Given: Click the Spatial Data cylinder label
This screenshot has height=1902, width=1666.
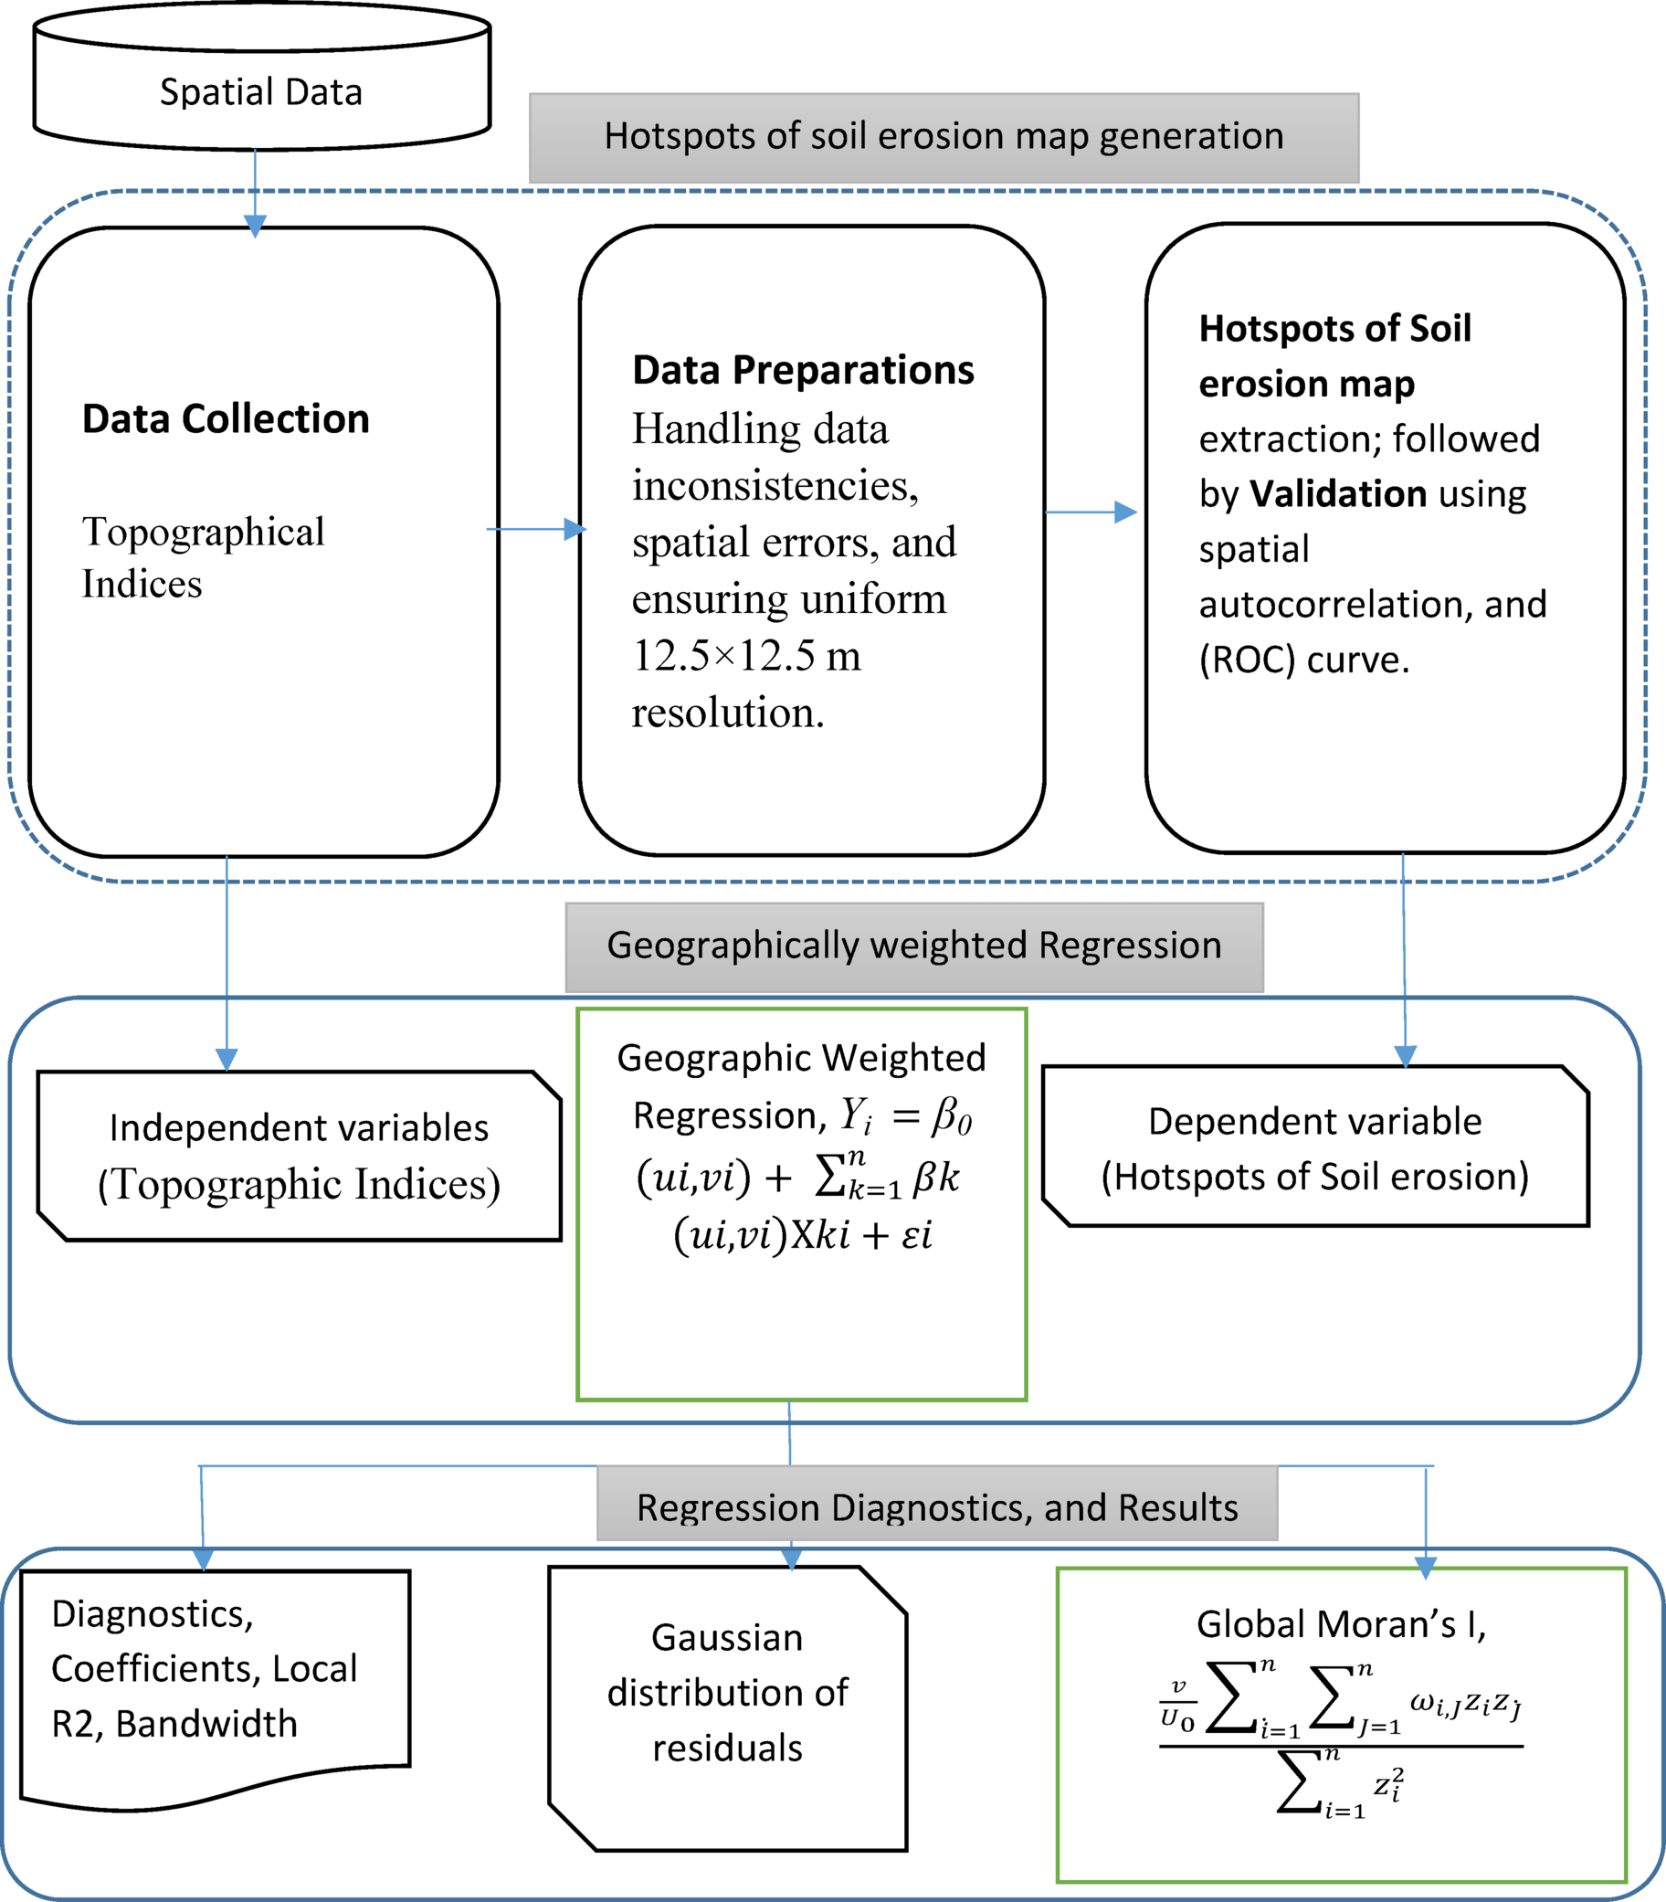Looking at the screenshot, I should click(260, 92).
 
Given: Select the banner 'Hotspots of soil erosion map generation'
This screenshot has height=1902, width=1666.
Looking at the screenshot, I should click(943, 137).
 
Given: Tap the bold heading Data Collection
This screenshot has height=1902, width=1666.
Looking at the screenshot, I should click(226, 418).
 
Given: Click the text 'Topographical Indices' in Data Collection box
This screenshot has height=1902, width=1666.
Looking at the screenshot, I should click(203, 557).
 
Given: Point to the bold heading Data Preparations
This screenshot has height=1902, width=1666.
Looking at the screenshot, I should click(802, 370).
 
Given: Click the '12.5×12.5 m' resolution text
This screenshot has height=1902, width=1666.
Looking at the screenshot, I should click(745, 655).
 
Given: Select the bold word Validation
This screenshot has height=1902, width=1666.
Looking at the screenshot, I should click(1337, 493).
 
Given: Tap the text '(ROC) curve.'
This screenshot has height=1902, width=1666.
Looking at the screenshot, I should click(1303, 659).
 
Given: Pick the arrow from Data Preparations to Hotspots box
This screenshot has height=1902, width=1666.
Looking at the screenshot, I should click(1090, 512).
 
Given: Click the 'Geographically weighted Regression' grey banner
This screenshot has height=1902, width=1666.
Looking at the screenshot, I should click(913, 946).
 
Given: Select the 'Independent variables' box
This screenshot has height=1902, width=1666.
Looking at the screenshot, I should click(299, 1155).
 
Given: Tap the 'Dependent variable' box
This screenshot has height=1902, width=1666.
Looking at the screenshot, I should click(1313, 1147).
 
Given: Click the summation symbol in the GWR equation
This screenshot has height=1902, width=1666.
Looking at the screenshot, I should click(830, 1177).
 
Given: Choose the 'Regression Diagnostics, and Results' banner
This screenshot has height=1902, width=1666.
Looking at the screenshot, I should click(936, 1507).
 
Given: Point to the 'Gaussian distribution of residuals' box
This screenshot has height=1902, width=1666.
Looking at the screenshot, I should click(727, 1692).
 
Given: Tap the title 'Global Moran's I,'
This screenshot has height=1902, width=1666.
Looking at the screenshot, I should click(1341, 1623).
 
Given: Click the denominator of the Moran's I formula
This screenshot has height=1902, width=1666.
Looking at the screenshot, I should click(1339, 1785).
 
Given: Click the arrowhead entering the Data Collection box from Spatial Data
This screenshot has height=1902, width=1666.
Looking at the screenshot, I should click(255, 226).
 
